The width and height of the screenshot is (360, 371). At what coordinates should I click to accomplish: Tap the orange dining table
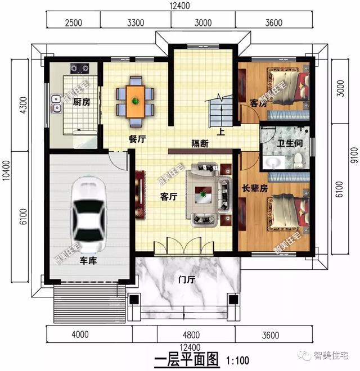pos(135,102)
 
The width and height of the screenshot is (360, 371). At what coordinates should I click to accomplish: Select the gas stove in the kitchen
pos(79,68)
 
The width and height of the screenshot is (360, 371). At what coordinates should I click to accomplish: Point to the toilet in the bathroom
pos(298,161)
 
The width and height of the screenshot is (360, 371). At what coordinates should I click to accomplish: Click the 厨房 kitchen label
pos(82,102)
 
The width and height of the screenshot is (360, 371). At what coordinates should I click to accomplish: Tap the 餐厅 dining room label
pos(137,139)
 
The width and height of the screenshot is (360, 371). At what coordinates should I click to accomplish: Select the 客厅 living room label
pos(169,197)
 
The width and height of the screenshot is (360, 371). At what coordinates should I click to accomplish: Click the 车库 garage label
pos(88,261)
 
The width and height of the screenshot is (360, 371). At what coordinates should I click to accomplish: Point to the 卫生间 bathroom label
pos(290,143)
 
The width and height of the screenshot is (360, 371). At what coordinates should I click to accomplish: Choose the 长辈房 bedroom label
pos(255,188)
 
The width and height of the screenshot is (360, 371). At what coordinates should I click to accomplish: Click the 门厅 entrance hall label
pos(187,280)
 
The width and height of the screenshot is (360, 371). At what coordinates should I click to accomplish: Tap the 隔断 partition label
pos(200,143)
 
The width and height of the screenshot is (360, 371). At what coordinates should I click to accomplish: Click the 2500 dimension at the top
pos(74,23)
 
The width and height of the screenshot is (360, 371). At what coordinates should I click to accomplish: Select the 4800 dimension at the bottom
pos(191,335)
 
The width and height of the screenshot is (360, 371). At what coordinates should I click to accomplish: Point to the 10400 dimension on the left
pos(6,170)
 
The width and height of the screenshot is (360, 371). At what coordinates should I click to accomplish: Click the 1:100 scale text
pos(237,360)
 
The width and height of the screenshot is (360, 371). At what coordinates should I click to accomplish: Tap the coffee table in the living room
pos(203,194)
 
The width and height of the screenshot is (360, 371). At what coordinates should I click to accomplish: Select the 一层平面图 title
pos(186,360)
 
